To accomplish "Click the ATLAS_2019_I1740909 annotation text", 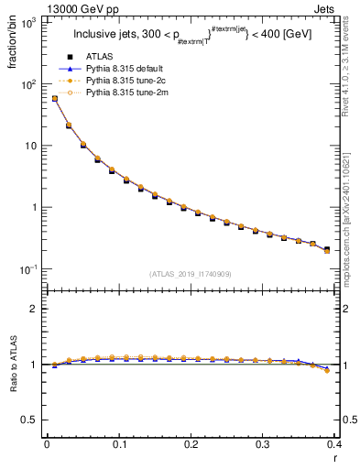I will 191,274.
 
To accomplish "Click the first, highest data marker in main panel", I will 54,99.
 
